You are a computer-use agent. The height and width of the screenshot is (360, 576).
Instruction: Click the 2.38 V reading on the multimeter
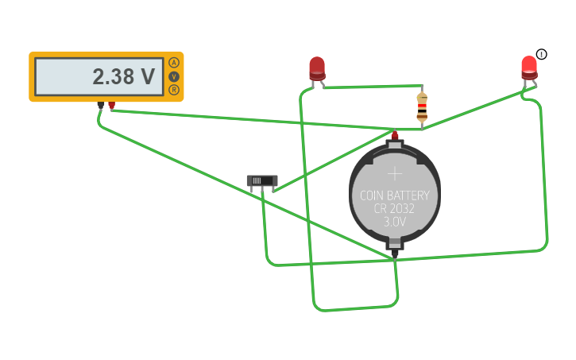(123, 77)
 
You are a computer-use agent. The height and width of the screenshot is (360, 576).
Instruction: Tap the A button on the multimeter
(174, 63)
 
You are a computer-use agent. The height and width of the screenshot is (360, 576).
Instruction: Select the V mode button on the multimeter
(174, 76)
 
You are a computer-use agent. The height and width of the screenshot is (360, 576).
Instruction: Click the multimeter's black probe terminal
(101, 106)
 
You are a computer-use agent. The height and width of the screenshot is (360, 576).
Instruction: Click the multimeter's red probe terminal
(112, 106)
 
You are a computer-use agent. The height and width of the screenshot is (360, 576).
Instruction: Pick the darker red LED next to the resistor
(317, 69)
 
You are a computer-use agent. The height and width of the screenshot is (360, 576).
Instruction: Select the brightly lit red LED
(529, 68)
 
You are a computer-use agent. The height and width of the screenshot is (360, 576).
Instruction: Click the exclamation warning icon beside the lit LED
(542, 54)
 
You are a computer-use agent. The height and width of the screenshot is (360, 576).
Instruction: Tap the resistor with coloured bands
(422, 107)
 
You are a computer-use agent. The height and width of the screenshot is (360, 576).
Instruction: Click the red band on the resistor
(422, 106)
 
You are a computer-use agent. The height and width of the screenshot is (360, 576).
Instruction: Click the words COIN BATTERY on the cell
(395, 195)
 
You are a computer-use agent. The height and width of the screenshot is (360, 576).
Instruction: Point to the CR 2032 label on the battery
(394, 209)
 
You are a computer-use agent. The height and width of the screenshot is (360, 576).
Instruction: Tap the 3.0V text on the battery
(395, 222)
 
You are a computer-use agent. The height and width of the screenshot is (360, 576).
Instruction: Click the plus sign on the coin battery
(395, 173)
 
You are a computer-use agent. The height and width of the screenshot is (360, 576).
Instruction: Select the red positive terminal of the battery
(395, 136)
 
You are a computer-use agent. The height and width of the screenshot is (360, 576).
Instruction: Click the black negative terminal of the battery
(395, 254)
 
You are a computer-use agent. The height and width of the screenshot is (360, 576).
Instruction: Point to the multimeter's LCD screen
(99, 77)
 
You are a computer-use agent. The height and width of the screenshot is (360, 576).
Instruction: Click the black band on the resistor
(422, 110)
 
